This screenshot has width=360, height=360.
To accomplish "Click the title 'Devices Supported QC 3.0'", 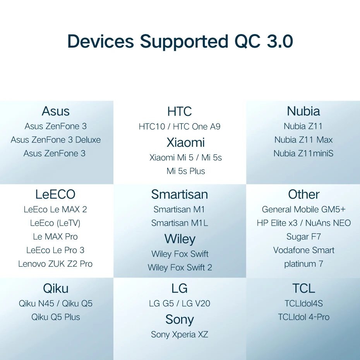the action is tap(180, 41).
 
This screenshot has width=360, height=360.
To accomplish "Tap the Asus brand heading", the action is tap(56, 111).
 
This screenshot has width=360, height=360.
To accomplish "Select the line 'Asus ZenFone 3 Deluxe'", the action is tap(56, 140).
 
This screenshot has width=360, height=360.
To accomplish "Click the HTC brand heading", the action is tap(180, 111).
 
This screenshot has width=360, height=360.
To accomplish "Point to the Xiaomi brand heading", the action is tap(185, 142).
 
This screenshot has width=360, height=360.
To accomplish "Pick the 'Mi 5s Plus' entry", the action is tap(186, 171).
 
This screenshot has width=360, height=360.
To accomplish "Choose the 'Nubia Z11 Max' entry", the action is tap(303, 140).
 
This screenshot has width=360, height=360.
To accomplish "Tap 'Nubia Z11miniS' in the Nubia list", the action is tap(303, 153).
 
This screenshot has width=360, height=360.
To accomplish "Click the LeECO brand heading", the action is tap(55, 194).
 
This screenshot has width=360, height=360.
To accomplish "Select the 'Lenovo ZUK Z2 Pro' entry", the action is tap(55, 264).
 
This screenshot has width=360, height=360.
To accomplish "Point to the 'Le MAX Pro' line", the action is tap(55, 237).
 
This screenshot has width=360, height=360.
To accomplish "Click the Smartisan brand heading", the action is tap(180, 194).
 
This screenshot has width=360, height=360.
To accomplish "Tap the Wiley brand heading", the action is tap(180, 239).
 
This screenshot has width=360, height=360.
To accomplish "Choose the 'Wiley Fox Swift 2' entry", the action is tap(180, 267).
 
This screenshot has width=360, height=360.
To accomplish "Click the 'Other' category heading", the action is tap(304, 194).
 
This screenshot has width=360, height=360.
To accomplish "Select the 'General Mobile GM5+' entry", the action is tap(304, 209).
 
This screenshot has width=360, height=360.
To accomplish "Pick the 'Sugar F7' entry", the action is tap(303, 237).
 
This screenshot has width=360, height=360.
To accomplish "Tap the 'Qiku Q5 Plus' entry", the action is tap(56, 317).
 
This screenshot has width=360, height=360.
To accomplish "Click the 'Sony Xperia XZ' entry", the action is tap(180, 334).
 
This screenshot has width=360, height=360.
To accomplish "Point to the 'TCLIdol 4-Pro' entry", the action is tap(303, 317).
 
